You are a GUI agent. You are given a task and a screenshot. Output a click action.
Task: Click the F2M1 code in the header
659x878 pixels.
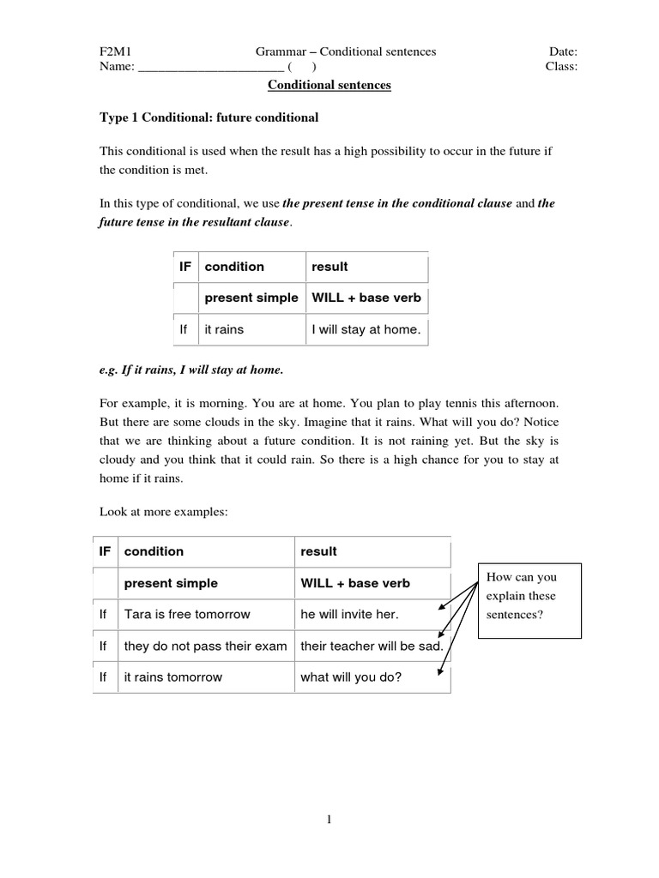coord(115,51)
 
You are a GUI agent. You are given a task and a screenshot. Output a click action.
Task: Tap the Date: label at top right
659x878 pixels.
coord(563,51)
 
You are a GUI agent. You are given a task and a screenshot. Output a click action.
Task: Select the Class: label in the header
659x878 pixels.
coord(561,67)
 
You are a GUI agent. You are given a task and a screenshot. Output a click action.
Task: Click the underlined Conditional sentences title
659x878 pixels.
coord(329,86)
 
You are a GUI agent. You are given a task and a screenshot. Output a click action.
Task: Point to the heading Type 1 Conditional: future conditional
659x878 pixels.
coord(209,117)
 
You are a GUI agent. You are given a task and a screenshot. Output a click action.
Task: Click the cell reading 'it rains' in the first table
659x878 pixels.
coord(223,329)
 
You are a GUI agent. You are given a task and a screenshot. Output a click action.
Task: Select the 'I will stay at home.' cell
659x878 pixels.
coord(366,329)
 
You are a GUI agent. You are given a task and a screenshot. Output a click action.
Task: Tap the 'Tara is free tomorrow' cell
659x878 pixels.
coord(187,614)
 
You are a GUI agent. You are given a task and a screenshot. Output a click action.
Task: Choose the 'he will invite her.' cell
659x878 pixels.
coord(350,614)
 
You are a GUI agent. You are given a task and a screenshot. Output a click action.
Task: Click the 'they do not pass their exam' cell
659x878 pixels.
coord(205,646)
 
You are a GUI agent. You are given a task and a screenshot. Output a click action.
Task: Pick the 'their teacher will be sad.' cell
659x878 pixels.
coord(371,646)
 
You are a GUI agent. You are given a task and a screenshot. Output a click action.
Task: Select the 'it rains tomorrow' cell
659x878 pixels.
coord(172,677)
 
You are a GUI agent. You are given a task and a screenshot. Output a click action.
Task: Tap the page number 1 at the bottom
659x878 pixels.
coord(329,820)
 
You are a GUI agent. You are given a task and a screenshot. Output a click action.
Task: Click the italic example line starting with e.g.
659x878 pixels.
coord(191,370)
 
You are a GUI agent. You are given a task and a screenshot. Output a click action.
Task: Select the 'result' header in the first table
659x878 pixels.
coord(329,267)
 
